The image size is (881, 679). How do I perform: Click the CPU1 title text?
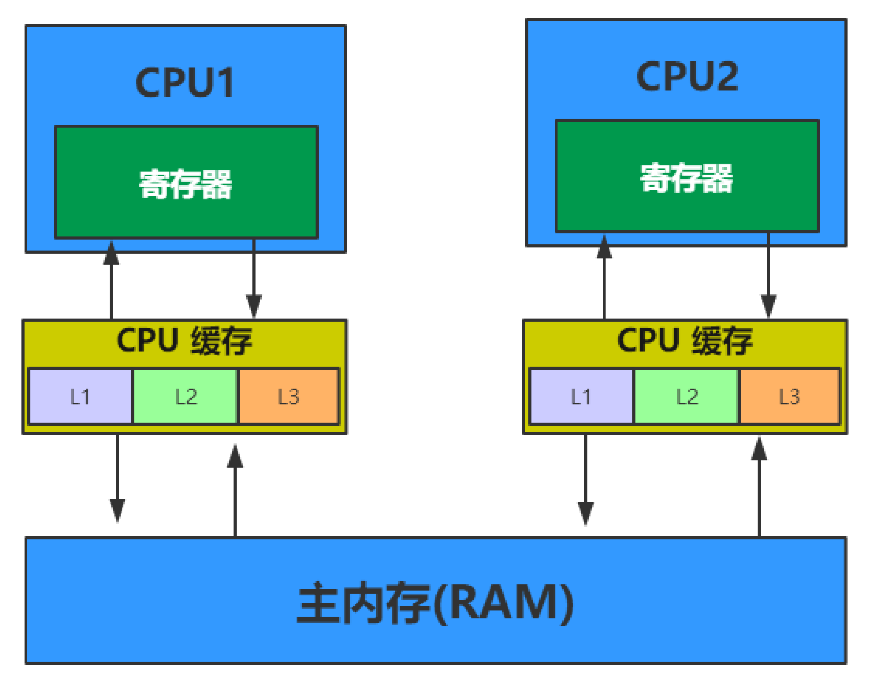(184, 83)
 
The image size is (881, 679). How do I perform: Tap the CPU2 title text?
(687, 77)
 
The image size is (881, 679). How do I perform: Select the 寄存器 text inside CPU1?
(186, 184)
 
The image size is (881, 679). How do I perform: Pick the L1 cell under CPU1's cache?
(80, 397)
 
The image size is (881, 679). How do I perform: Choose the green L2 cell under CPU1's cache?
(186, 397)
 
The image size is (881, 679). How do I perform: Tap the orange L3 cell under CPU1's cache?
(288, 397)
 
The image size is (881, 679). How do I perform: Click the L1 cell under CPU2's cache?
(581, 397)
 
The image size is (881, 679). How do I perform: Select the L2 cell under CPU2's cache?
(686, 397)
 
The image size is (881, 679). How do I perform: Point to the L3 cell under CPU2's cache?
(789, 397)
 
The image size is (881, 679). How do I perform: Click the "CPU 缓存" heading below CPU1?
(184, 341)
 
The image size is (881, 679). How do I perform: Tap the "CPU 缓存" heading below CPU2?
(685, 341)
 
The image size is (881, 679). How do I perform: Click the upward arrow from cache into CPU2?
(604, 277)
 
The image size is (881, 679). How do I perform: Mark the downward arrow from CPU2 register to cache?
(768, 277)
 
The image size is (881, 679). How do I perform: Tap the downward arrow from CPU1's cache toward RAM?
(117, 479)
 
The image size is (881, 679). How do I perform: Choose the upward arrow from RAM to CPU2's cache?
(759, 486)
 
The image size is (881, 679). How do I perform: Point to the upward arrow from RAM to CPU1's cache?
(235, 489)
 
